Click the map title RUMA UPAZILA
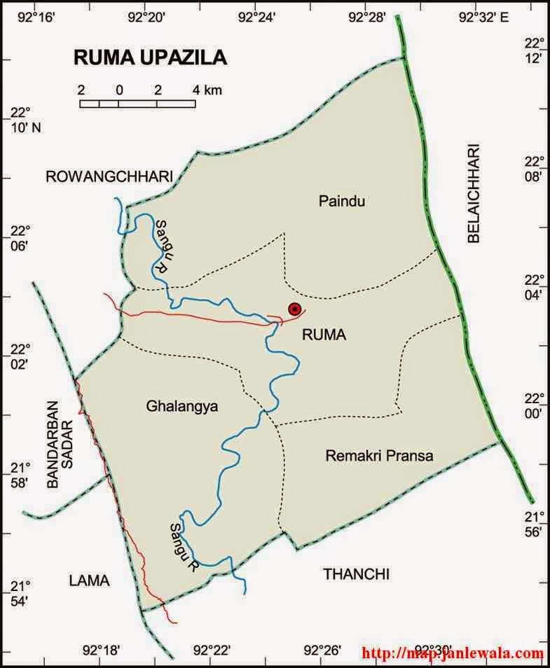(x=150, y=58)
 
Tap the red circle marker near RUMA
(x=295, y=309)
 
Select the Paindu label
(x=343, y=202)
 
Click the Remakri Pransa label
(x=379, y=456)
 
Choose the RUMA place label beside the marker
(x=324, y=335)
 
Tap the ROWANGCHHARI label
(x=109, y=178)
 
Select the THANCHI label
(x=356, y=574)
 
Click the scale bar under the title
(x=137, y=104)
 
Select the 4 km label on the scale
(x=207, y=90)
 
